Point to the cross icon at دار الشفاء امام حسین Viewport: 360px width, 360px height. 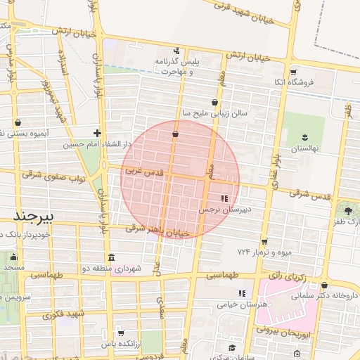[x=97, y=133]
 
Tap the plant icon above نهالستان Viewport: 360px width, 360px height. [x=304, y=136]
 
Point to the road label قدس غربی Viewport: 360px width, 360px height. [x=144, y=171]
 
